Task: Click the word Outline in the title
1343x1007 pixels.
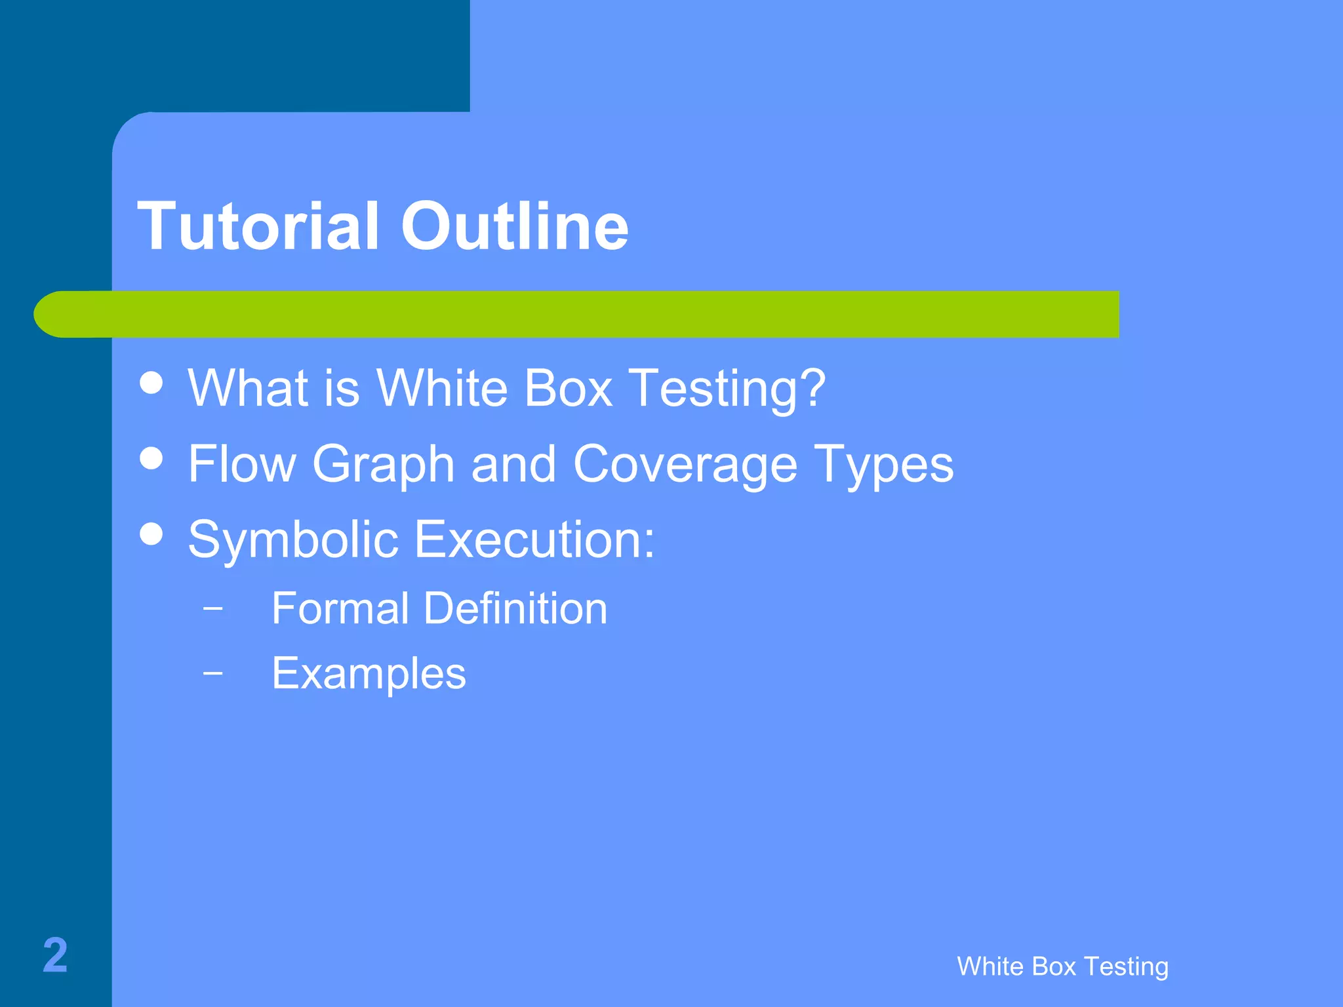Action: click(514, 226)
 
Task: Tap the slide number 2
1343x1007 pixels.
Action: click(55, 955)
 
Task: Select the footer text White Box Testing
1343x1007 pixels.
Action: click(1062, 966)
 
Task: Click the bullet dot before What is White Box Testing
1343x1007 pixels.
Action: click(151, 383)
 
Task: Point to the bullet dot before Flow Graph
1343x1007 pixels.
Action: click(151, 458)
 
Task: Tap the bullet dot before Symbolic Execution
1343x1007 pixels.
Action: click(151, 534)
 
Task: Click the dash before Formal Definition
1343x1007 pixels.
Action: click(212, 608)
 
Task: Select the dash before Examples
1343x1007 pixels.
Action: click(212, 673)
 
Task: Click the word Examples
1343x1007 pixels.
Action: click(369, 674)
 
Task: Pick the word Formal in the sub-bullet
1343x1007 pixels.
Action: click(340, 608)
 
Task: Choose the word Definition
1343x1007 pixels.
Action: click(515, 608)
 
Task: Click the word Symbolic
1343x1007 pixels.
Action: click(293, 540)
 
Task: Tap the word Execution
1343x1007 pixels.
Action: click(534, 540)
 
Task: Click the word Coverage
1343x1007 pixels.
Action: click(685, 465)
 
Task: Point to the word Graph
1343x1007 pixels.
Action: click(384, 465)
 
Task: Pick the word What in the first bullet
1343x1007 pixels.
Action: click(248, 388)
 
